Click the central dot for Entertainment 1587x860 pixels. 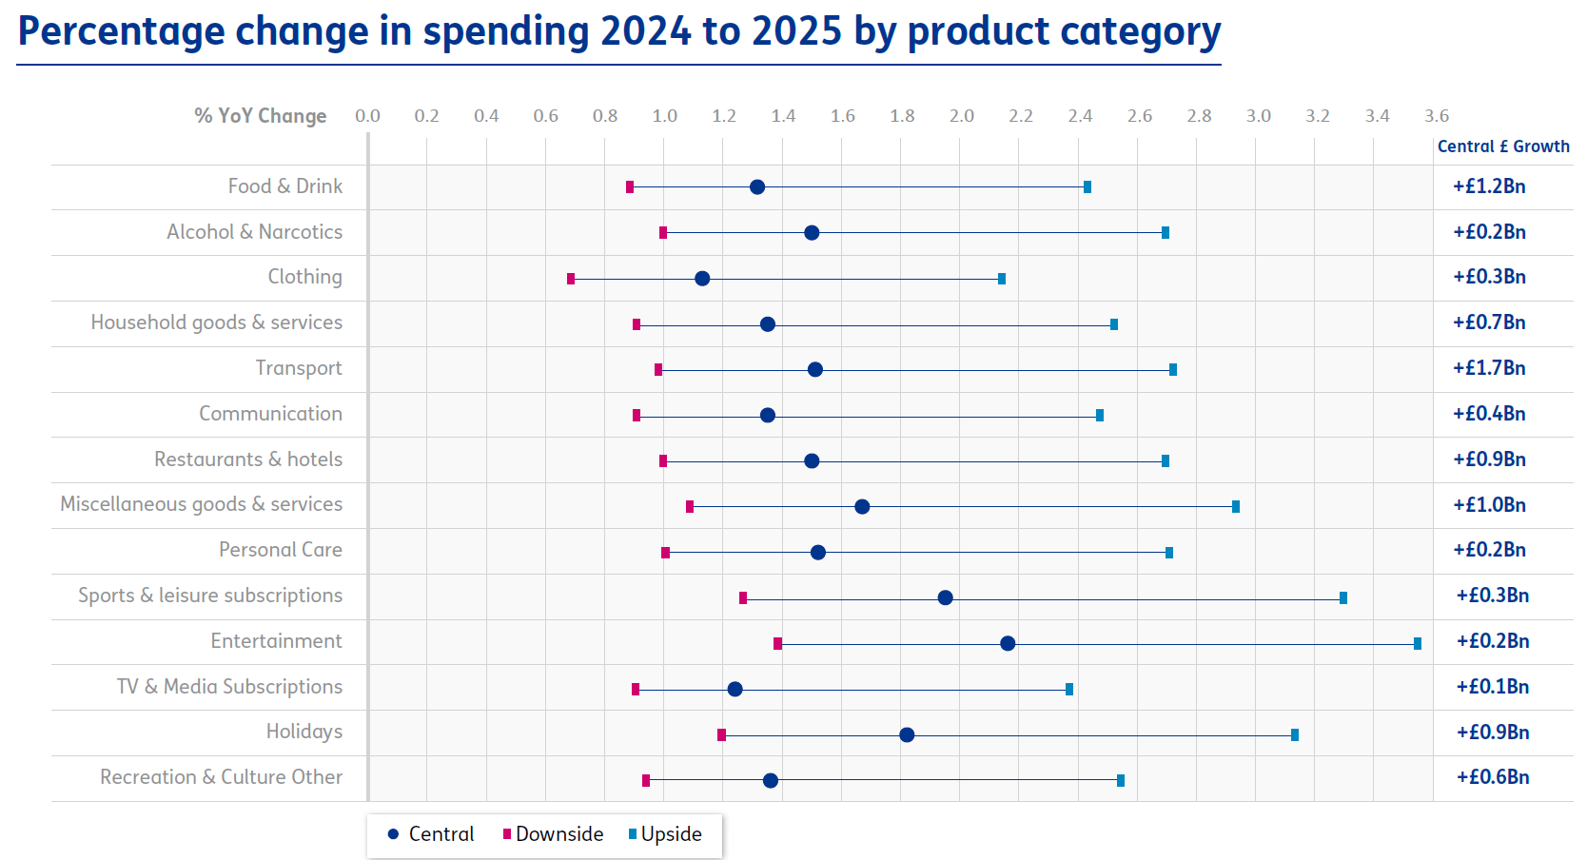1008,644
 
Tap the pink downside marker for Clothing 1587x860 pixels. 571,279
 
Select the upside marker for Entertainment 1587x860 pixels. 1418,644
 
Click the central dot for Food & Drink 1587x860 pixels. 757,187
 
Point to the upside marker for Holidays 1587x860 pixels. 1295,734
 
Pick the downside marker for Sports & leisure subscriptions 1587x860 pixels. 743,597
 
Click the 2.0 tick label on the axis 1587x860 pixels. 961,116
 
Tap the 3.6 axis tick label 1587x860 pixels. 1436,116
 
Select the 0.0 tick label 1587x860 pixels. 367,116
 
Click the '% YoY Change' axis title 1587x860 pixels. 260,116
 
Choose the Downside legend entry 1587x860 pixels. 554,834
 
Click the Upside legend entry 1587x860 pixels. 666,834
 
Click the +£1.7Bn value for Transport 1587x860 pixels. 1489,368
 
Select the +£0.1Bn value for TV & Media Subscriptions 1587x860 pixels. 1492,687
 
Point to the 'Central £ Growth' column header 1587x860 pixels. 1503,147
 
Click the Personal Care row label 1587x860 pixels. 280,550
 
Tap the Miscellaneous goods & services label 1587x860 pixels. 201,504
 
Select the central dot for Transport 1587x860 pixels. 815,369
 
